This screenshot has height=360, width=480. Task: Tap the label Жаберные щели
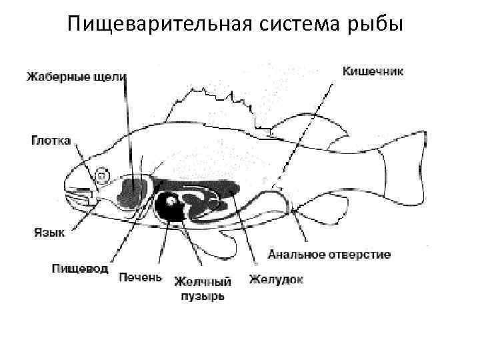(75, 77)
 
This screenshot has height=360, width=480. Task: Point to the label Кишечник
(373, 70)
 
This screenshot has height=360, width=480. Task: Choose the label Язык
(49, 232)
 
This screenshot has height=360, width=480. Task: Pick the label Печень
(140, 276)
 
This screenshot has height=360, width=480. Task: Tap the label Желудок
(277, 279)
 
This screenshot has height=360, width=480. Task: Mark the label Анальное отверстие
(329, 254)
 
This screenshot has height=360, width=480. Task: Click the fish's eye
(102, 175)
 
